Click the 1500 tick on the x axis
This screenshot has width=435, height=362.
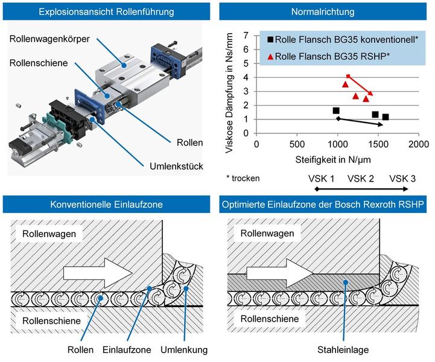[x=378, y=145]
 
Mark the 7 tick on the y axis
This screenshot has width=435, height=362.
[x=246, y=36]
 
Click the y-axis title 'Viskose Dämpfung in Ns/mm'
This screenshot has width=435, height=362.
[x=230, y=86]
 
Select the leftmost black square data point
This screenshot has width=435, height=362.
[x=336, y=110]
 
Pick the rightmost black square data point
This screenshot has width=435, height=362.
[x=386, y=117]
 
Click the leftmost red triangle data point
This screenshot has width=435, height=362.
[x=345, y=84]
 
